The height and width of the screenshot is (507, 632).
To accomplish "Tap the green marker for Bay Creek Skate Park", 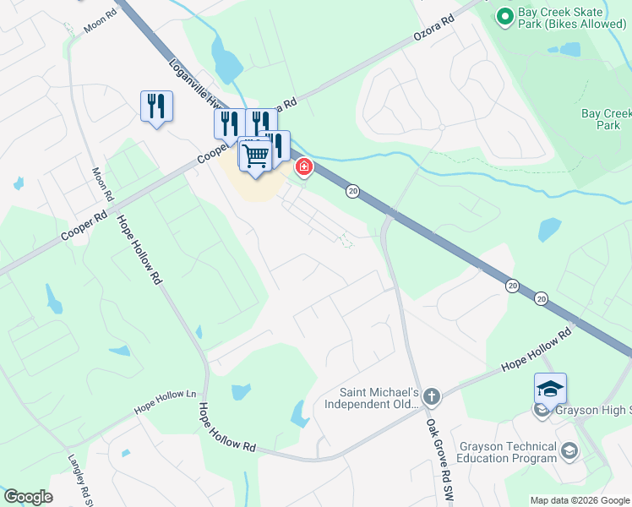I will (x=505, y=15).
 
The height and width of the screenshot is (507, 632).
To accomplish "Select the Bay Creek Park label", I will (x=606, y=119).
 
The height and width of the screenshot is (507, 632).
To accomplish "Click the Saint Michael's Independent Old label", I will (x=379, y=397).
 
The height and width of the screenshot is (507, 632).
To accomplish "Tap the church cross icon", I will (x=432, y=396).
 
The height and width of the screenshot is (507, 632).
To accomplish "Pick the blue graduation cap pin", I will (x=550, y=389).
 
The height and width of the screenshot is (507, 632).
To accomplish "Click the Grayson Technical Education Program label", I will (x=507, y=452).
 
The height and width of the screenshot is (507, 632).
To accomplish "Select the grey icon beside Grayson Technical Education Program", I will (x=569, y=450).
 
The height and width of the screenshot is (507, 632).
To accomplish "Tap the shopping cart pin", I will (x=255, y=154).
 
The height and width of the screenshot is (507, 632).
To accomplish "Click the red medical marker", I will (x=302, y=169).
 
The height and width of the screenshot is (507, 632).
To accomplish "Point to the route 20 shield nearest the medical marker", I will (x=352, y=193).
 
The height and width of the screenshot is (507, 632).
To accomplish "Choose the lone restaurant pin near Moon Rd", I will (x=156, y=106).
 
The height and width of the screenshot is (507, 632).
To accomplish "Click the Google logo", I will (x=28, y=497).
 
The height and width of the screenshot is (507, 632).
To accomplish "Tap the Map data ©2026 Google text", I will (x=579, y=500).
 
